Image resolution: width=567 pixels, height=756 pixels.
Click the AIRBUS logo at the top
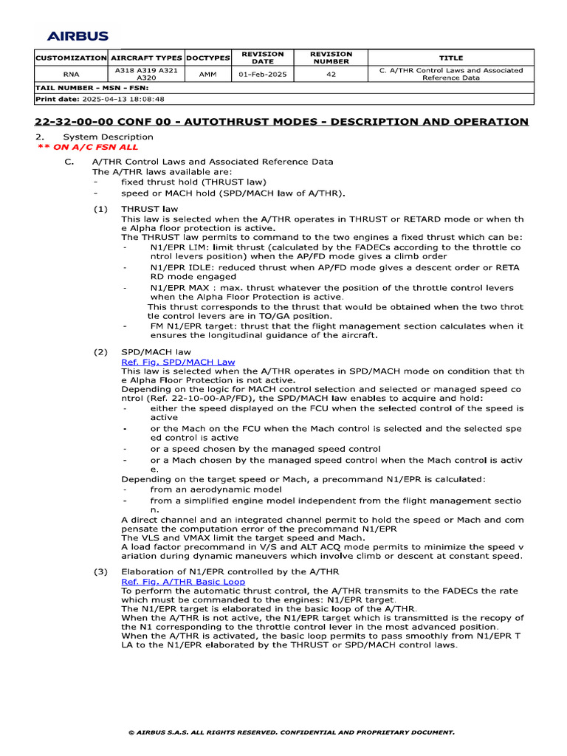[x=78, y=35]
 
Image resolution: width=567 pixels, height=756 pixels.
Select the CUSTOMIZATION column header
[x=71, y=58]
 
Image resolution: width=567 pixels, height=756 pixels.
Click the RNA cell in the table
[x=71, y=75]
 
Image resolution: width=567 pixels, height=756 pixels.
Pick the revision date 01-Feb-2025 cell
[x=264, y=75]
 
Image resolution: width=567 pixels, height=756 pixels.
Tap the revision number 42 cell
[x=330, y=75]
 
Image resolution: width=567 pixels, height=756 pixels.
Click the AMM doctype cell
[x=207, y=75]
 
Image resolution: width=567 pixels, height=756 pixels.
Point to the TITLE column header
[x=450, y=58]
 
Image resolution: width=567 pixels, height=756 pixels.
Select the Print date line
[x=100, y=98]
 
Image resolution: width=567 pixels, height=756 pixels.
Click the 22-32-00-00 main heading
[x=281, y=122]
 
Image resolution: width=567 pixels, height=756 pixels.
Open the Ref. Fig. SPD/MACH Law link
[x=178, y=362]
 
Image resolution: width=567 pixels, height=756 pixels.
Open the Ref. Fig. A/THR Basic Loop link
[x=183, y=582]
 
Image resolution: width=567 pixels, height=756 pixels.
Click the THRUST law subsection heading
[x=150, y=209]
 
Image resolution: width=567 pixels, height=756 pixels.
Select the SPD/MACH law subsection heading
[x=156, y=351]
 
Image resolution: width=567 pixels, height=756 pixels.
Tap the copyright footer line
[x=291, y=732]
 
